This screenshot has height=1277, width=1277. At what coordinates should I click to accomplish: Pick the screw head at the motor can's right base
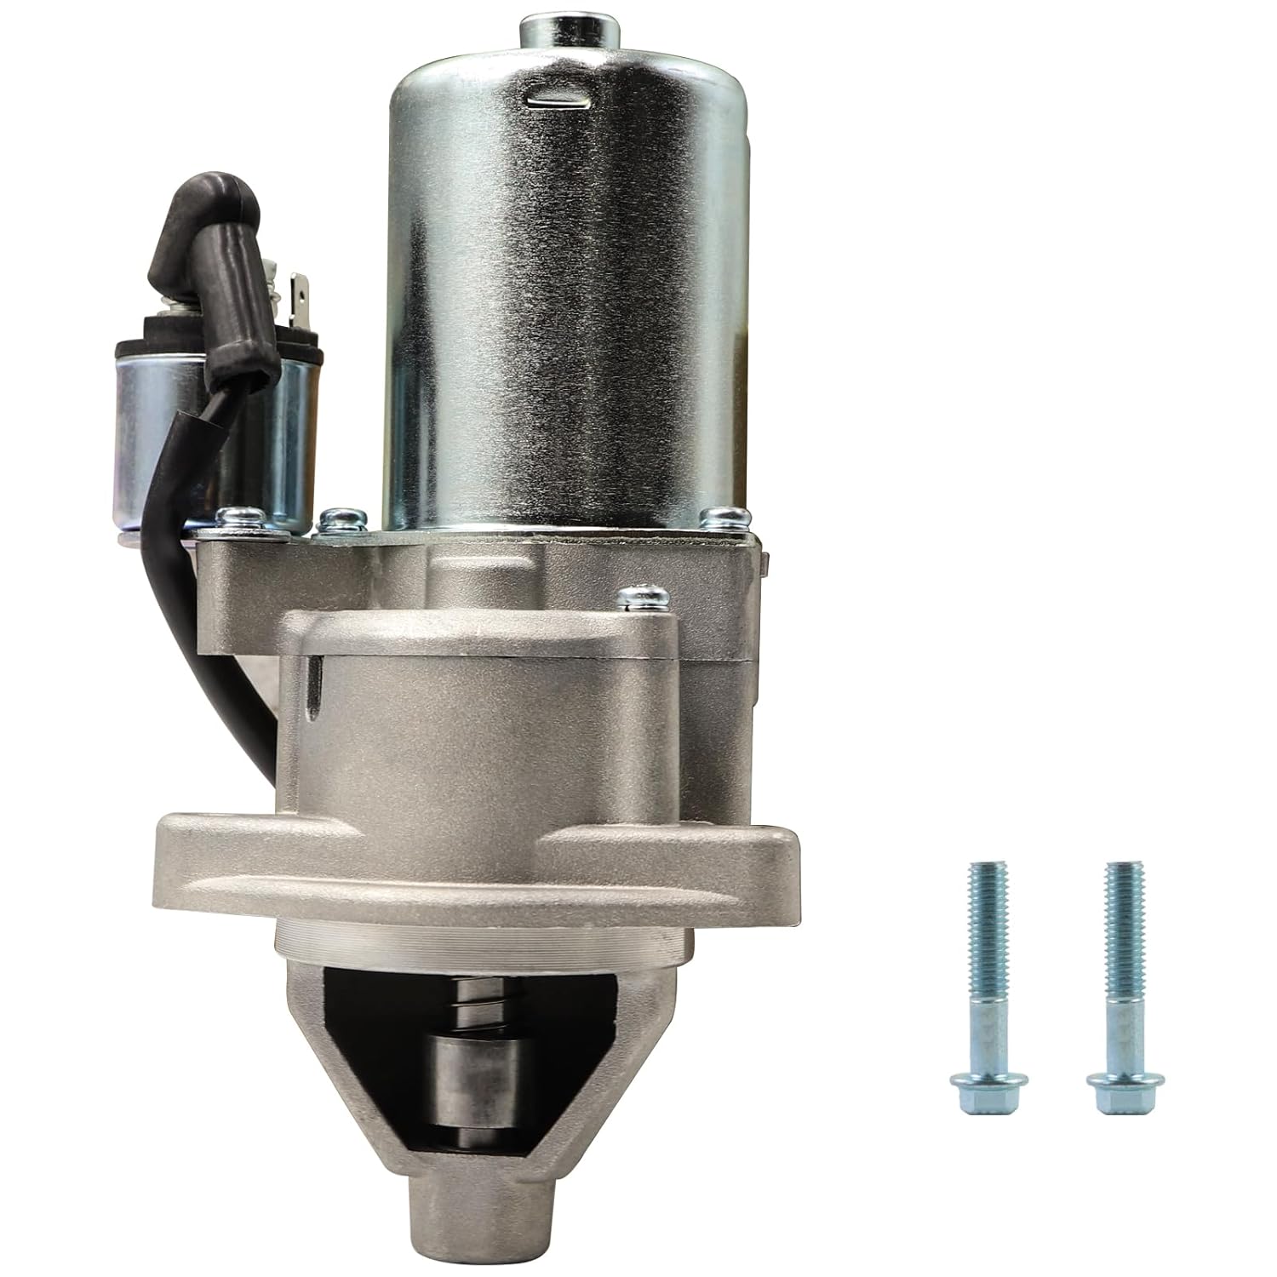(x=730, y=516)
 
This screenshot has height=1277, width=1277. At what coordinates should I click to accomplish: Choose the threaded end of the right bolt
(x=1119, y=919)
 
